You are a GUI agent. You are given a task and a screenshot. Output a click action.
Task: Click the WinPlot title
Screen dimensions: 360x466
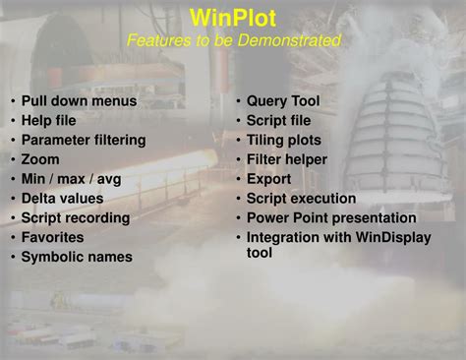(x=233, y=17)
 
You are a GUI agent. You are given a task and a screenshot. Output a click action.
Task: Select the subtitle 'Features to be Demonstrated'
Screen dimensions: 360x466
(x=233, y=40)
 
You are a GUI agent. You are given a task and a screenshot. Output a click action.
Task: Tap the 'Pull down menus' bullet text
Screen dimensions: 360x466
(x=79, y=101)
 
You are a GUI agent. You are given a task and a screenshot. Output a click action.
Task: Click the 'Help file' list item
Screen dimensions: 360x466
(x=48, y=120)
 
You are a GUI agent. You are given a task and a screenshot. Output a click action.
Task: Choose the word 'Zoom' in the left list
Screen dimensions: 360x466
(x=40, y=159)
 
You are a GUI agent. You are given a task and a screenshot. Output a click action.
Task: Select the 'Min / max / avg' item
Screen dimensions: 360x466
(x=72, y=179)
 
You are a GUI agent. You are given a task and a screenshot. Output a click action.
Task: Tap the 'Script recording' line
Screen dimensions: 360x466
(x=76, y=217)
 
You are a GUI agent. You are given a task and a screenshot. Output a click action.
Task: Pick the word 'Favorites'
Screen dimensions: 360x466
(x=53, y=237)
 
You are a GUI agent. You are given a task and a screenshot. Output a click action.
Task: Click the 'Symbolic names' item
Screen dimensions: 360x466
(x=77, y=257)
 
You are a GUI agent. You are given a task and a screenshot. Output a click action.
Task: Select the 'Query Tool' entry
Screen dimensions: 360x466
(x=282, y=101)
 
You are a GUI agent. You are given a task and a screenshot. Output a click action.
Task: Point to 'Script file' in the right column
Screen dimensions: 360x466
(x=278, y=120)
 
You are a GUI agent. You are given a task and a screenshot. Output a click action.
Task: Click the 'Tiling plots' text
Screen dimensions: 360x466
(x=283, y=140)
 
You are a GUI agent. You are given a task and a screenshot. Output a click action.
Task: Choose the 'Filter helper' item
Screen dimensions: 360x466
(x=287, y=159)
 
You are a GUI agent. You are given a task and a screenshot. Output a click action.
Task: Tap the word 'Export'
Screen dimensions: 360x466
(x=268, y=179)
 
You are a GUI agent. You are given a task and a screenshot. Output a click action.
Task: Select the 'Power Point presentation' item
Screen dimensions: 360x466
(x=331, y=217)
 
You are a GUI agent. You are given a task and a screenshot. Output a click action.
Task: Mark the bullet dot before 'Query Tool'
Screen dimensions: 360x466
(x=238, y=101)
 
